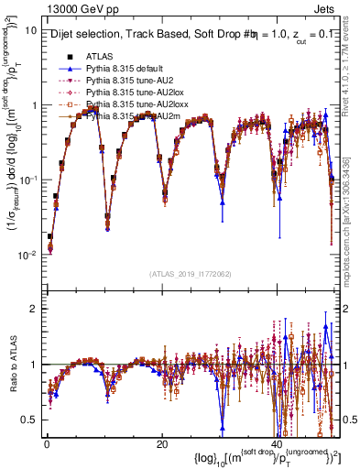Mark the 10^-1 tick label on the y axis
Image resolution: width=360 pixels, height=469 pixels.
click(28, 180)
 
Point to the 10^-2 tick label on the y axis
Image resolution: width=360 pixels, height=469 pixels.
click(28, 254)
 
